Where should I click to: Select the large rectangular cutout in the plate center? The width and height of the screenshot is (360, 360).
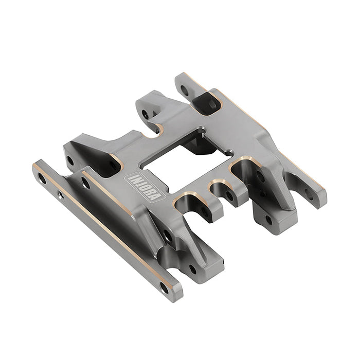click(x=188, y=152)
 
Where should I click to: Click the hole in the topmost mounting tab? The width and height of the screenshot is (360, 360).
click(x=184, y=89)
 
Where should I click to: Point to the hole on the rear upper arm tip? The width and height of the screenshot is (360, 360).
click(x=146, y=114)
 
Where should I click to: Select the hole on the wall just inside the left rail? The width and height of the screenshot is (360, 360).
click(x=85, y=183)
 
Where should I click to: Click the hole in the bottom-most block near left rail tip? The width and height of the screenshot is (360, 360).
click(x=193, y=268)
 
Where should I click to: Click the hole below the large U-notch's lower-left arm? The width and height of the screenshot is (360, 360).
click(x=168, y=236)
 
